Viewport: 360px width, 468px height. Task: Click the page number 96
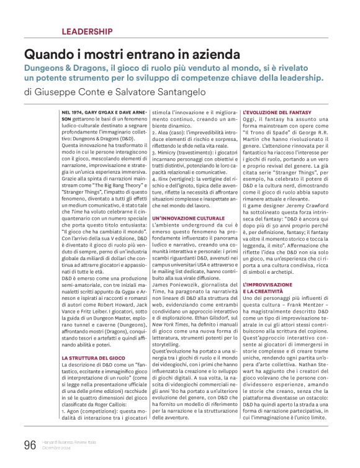coord(30,444)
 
